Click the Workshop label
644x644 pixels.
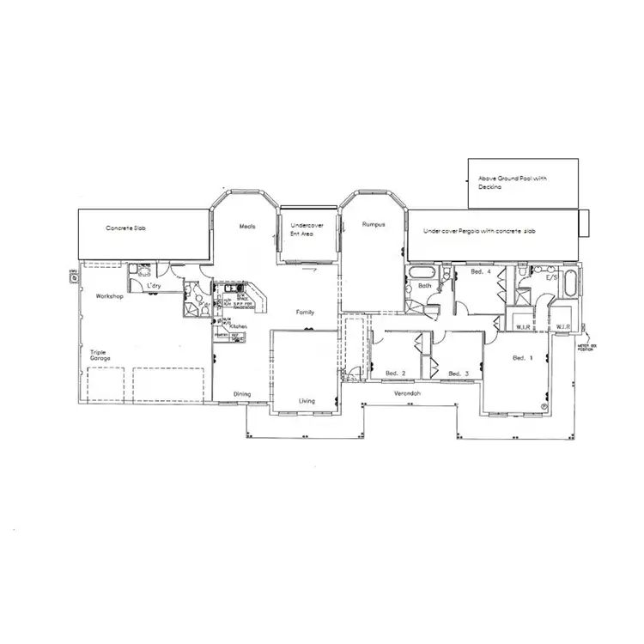coord(112,296)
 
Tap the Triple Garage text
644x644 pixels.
coord(101,355)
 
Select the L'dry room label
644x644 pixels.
coord(155,284)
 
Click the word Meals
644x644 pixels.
coord(248,226)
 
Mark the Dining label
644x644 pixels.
coord(243,394)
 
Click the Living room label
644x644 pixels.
coord(307,400)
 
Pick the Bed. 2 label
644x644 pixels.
coord(395,374)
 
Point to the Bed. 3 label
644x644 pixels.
coord(459,374)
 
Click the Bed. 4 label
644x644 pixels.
coord(481,272)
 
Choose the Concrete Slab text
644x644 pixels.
coord(124,228)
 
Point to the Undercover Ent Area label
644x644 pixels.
coord(300,229)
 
